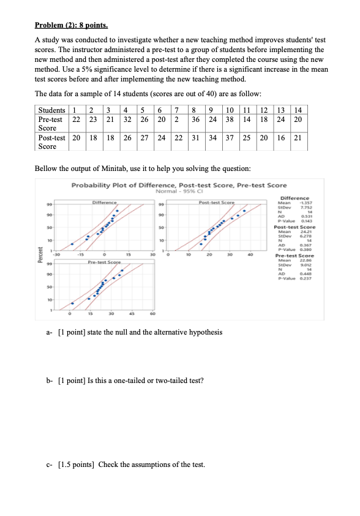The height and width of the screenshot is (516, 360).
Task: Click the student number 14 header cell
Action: (298, 110)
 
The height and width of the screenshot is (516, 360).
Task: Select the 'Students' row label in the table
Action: (51, 110)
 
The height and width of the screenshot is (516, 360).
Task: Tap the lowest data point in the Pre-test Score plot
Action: (72, 303)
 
